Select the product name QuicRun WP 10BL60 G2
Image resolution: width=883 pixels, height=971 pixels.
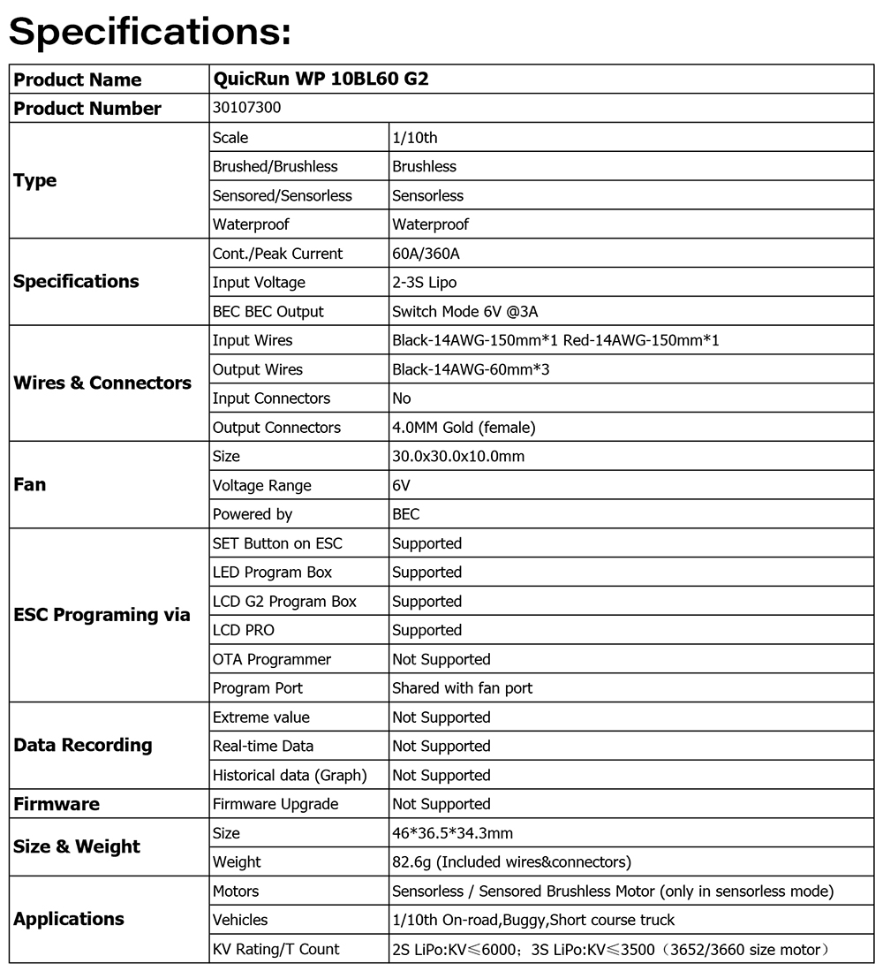pyautogui.click(x=321, y=79)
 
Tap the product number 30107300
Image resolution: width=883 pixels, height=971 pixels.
pyautogui.click(x=248, y=108)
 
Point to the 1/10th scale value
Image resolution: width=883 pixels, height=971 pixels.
pyautogui.click(x=415, y=137)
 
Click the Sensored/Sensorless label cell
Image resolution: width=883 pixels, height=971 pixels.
pyautogui.click(x=283, y=195)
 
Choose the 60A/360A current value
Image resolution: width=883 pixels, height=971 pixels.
pyautogui.click(x=426, y=254)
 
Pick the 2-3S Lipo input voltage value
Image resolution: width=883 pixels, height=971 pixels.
pyautogui.click(x=424, y=283)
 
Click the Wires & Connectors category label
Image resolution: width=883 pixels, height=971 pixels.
pyautogui.click(x=102, y=383)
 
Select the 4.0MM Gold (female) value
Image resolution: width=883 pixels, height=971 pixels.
pyautogui.click(x=464, y=428)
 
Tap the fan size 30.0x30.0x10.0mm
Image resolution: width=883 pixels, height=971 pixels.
pyautogui.click(x=458, y=457)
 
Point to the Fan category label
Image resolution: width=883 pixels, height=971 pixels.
pyautogui.click(x=30, y=485)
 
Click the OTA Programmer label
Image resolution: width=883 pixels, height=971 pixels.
pyautogui.click(x=272, y=659)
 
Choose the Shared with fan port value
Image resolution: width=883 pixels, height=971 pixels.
pyautogui.click(x=463, y=688)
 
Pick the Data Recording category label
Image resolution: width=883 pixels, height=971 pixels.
pyautogui.click(x=83, y=746)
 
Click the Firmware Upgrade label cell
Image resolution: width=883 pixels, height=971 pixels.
pyautogui.click(x=275, y=804)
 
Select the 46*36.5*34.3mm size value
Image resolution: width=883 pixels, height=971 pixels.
pyautogui.click(x=452, y=833)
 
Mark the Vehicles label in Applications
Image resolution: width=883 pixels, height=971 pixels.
pyautogui.click(x=240, y=920)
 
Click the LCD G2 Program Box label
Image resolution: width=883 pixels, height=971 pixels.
pyautogui.click(x=284, y=602)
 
